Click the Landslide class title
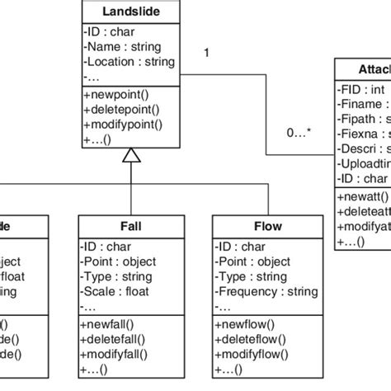(x=131, y=12)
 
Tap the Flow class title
(x=267, y=225)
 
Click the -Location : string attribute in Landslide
(x=129, y=62)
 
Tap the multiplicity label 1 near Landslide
(x=206, y=54)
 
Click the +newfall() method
(x=110, y=323)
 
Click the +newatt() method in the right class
(x=360, y=198)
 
